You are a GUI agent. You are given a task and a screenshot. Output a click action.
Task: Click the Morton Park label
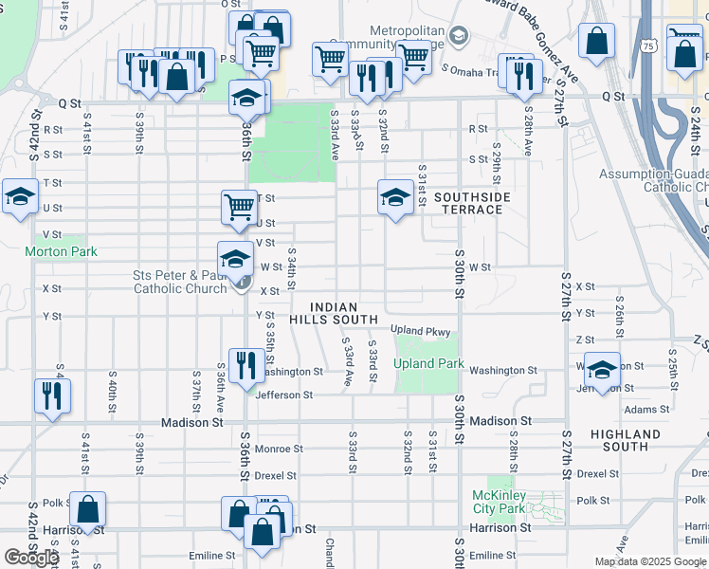61,252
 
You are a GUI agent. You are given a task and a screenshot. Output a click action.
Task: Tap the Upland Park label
428,363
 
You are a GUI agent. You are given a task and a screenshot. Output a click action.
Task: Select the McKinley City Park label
499,502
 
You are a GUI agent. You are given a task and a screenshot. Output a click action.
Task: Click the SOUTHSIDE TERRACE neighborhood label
473,203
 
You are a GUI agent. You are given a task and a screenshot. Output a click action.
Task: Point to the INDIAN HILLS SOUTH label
334,314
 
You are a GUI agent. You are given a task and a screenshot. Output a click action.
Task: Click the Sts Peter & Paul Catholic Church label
180,283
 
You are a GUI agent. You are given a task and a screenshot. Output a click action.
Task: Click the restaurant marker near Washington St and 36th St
246,364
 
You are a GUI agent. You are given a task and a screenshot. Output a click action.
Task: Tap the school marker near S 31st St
395,196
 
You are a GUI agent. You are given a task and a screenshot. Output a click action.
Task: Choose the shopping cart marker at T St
239,206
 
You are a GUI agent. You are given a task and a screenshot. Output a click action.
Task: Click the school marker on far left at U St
19,196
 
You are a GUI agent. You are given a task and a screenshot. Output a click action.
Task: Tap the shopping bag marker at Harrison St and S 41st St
88,509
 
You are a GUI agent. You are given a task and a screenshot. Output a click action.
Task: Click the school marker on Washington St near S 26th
601,370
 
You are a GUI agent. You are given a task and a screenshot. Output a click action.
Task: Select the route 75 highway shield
647,45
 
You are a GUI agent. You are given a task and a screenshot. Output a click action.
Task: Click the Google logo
31,558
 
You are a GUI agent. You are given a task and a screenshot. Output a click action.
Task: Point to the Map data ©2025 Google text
650,561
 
